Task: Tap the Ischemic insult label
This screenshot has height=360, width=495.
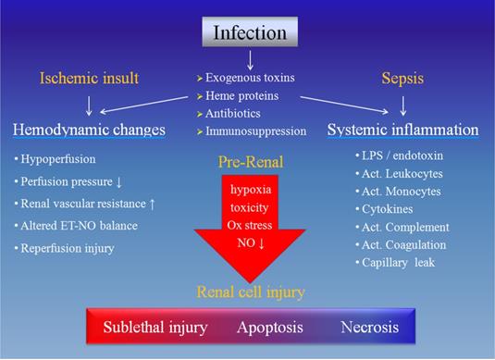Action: point(89,78)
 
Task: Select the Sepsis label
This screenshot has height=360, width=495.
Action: point(402,78)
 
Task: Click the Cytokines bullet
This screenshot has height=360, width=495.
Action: point(390,209)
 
